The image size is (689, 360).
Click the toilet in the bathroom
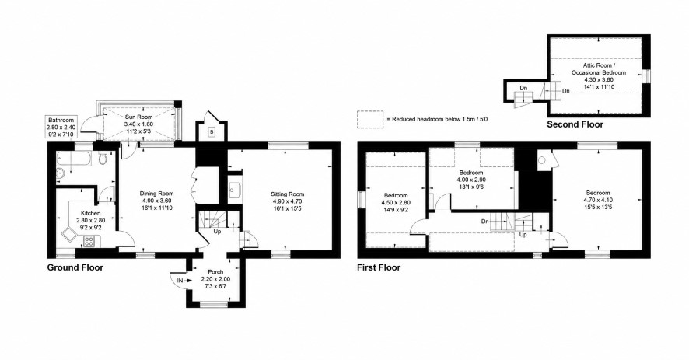(103, 158)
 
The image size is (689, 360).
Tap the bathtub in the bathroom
(74, 159)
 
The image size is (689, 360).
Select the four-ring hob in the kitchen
(89, 241)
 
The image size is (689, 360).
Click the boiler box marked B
(212, 131)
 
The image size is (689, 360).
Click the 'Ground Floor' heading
(75, 267)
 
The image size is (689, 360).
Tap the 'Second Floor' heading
(575, 124)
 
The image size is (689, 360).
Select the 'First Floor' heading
(379, 267)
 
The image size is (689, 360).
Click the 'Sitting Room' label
(288, 194)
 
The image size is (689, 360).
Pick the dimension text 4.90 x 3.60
(156, 201)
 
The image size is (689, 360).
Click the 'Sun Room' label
(139, 117)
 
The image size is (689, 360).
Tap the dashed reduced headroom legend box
(370, 119)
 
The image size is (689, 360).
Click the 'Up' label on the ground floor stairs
(217, 231)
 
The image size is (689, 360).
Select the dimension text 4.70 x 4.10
(598, 200)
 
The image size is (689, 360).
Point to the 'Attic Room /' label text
(599, 65)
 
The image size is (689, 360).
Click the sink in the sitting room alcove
(234, 189)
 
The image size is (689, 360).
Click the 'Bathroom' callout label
(61, 120)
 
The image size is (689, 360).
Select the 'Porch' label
(215, 272)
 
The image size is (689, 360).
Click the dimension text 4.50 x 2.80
(396, 203)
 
